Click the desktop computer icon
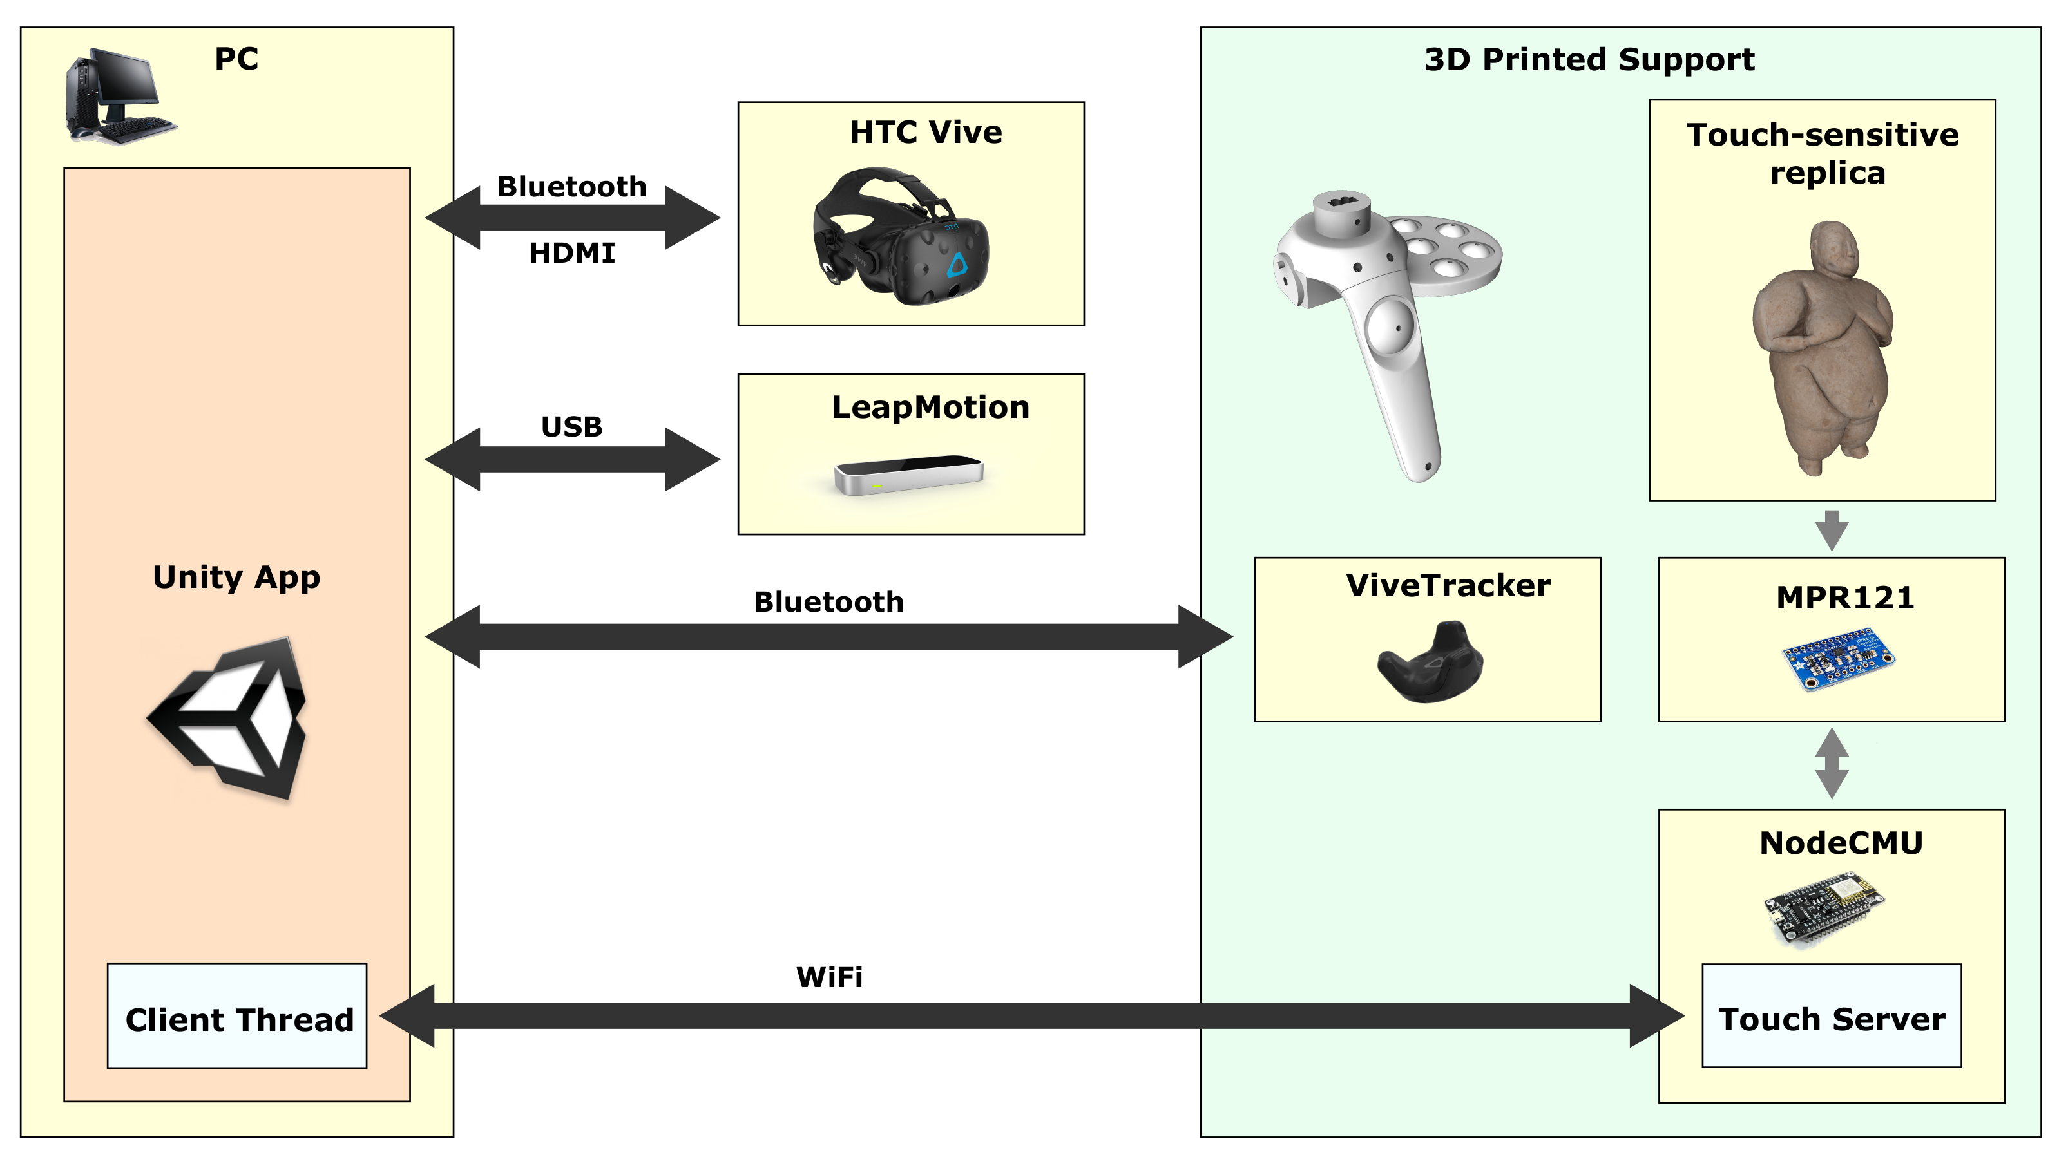point(120,97)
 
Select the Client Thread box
point(237,1016)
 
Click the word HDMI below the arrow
point(571,254)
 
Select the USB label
point(571,426)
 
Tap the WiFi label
point(829,977)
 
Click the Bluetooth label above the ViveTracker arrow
point(828,602)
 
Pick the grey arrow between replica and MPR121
point(1832,530)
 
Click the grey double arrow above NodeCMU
point(1832,762)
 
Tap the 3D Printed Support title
point(1589,59)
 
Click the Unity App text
point(237,577)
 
